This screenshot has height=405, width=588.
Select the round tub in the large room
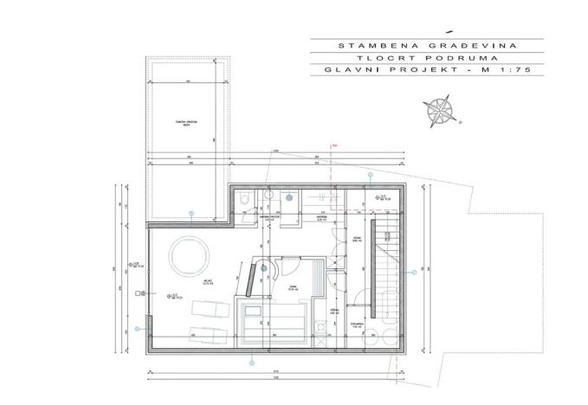click(188, 256)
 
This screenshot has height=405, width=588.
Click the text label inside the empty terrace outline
click(189, 122)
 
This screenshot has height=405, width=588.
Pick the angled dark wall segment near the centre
click(249, 280)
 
